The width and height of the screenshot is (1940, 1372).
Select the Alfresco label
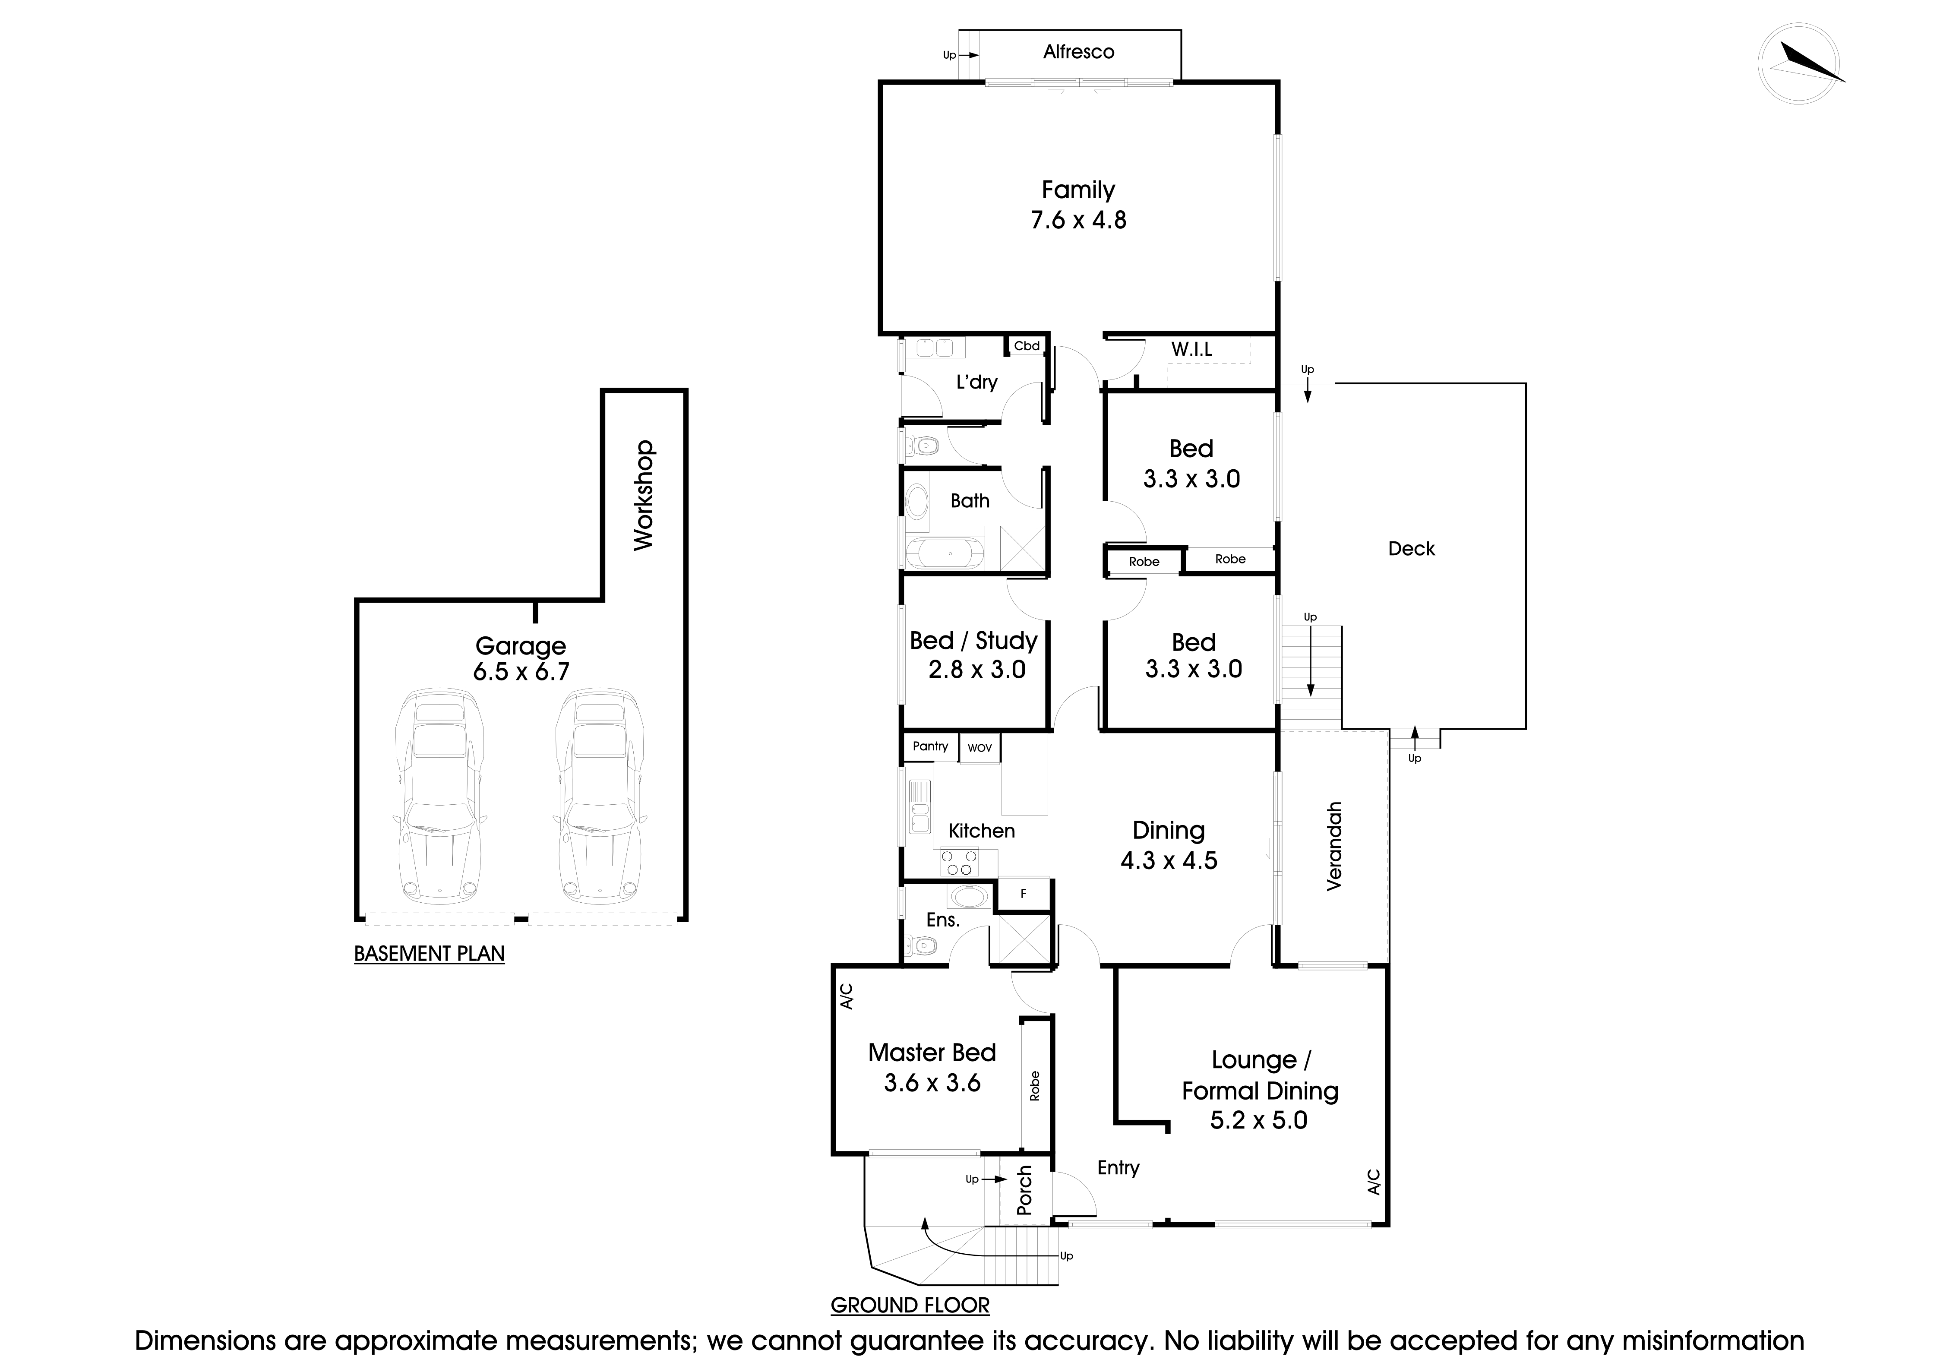click(1078, 52)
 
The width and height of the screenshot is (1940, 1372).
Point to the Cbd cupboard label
click(1027, 345)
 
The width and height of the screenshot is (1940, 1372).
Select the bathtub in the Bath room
click(945, 555)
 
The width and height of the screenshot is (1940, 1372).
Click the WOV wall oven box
click(979, 748)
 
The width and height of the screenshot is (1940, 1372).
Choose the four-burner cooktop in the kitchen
click(959, 863)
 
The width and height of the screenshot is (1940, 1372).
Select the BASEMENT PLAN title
click(429, 954)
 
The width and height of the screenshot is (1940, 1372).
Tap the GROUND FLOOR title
click(910, 1305)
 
